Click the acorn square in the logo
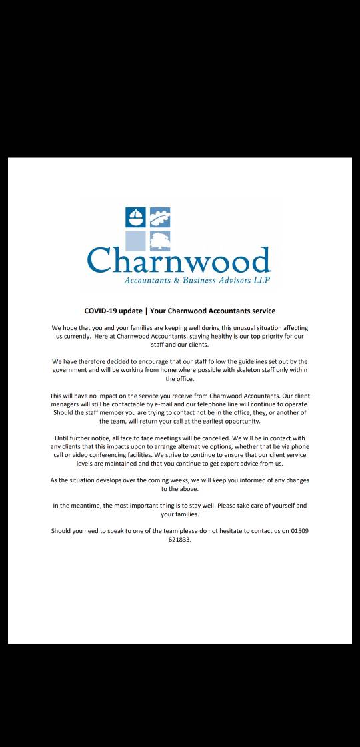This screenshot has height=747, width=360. pyautogui.click(x=135, y=218)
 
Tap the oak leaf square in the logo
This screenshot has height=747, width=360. pyautogui.click(x=160, y=218)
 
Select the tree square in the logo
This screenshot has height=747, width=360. pyautogui.click(x=160, y=241)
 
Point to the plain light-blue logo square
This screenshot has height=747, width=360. pyautogui.click(x=135, y=241)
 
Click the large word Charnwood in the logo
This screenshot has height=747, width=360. pyautogui.click(x=179, y=261)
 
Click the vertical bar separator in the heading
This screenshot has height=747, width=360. pyautogui.click(x=146, y=311)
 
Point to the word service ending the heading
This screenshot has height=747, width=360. pyautogui.click(x=262, y=311)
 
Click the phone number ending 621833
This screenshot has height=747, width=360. pyautogui.click(x=180, y=540)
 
